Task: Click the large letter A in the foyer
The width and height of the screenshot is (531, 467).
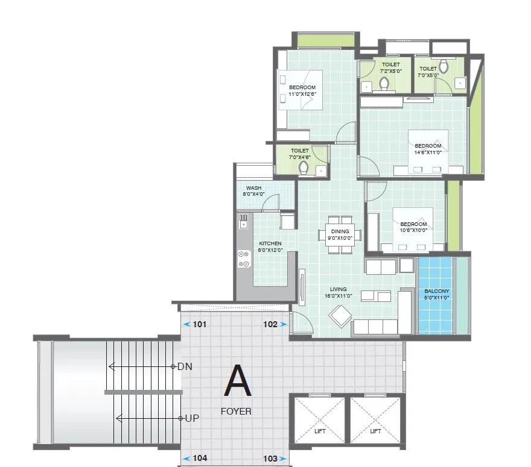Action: point(238,381)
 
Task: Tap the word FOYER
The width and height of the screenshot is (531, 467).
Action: point(236,412)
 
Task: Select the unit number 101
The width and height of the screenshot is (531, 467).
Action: point(200,324)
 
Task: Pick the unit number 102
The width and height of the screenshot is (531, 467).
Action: point(270,324)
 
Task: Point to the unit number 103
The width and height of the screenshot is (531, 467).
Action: point(270,459)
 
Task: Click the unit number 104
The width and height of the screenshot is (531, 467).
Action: point(200,459)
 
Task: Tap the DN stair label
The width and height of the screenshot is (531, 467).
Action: point(185,366)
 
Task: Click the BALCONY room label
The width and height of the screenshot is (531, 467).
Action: point(436,290)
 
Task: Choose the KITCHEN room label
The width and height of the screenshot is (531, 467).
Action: point(270,243)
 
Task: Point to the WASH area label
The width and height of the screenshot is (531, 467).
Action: point(253,188)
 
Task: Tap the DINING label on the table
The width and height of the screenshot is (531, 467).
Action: point(340,231)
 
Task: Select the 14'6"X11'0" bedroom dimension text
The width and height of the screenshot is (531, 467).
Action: point(428,152)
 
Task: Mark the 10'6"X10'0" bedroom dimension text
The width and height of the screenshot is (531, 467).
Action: point(413,230)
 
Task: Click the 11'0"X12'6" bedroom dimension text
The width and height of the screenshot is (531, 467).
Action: point(303,94)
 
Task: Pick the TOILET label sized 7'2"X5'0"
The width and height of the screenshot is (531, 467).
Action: point(390,64)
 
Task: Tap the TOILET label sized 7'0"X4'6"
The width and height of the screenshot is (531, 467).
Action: point(300,151)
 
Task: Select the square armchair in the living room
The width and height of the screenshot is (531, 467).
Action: point(340,316)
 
